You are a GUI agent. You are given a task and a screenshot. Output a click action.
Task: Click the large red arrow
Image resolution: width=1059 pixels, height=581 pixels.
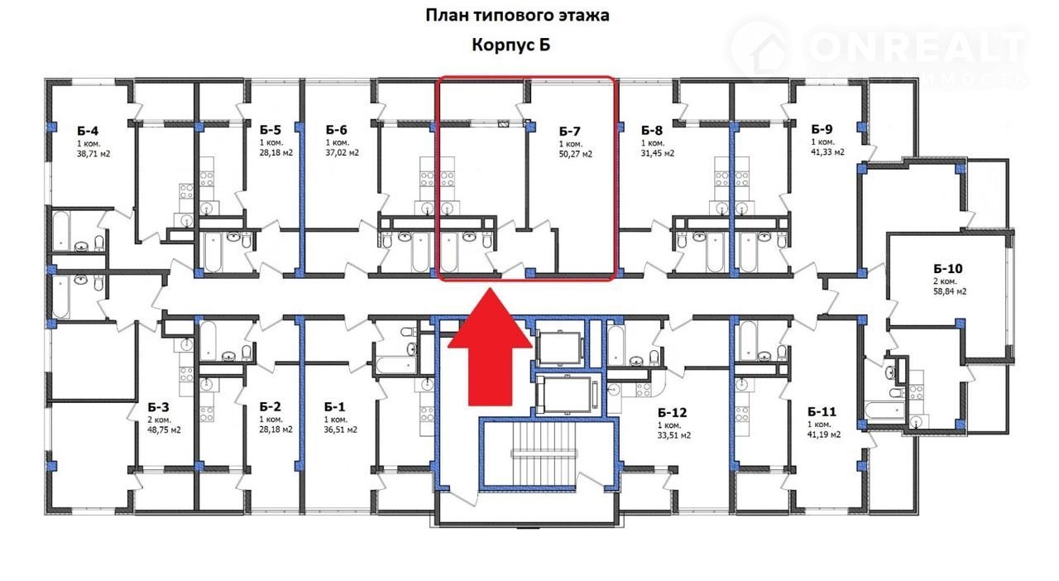click(x=491, y=347)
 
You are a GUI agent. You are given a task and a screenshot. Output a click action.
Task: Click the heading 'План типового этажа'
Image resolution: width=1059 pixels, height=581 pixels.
click(x=517, y=16)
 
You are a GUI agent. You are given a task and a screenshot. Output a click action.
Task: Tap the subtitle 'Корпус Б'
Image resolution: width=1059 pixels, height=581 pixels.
click(x=511, y=45)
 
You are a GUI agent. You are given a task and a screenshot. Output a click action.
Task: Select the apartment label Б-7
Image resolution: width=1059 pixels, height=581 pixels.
click(x=569, y=131)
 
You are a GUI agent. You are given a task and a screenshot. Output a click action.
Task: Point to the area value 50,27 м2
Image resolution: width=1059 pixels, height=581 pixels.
click(x=575, y=154)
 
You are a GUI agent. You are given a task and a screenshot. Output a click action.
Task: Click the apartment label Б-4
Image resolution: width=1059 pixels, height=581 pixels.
click(x=88, y=131)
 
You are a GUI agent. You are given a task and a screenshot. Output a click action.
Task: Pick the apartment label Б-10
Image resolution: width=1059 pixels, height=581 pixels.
click(x=948, y=269)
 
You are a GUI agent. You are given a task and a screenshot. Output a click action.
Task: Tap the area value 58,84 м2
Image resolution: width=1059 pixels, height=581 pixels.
click(x=950, y=291)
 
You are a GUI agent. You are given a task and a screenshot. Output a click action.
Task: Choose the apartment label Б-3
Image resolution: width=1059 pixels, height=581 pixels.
click(x=158, y=407)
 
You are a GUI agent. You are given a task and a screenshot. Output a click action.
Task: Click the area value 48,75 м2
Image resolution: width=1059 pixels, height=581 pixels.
click(x=164, y=430)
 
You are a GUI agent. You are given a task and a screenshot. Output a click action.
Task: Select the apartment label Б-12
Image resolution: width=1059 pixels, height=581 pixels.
click(x=672, y=412)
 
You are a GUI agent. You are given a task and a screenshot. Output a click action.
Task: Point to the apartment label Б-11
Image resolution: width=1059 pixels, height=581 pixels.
click(x=822, y=411)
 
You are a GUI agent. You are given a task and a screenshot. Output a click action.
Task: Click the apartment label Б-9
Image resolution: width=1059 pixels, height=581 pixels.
click(x=822, y=129)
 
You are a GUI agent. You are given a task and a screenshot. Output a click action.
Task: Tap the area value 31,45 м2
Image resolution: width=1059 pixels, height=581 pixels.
click(x=658, y=153)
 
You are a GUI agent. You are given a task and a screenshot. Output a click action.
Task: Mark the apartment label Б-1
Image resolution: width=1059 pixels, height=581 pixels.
click(x=335, y=407)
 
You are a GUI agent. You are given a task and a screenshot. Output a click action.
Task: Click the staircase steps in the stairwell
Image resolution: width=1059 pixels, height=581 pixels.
click(x=544, y=454)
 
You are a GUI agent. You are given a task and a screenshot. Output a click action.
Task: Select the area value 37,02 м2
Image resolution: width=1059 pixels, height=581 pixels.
click(x=343, y=153)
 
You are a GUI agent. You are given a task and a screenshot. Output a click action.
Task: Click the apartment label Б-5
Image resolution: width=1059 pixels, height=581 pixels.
click(x=270, y=130)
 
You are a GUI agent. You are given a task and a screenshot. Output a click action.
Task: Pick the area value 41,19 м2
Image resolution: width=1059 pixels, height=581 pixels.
click(x=824, y=435)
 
